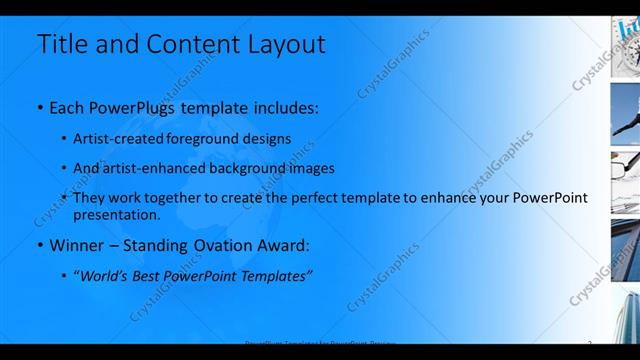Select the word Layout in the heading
pyautogui.click(x=284, y=44)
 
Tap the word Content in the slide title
pyautogui.click(x=195, y=44)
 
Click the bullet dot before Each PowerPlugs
pyautogui.click(x=39, y=108)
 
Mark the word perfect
pyautogui.click(x=329, y=198)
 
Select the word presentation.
pyautogui.click(x=116, y=214)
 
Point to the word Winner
pyautogui.click(x=77, y=245)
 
